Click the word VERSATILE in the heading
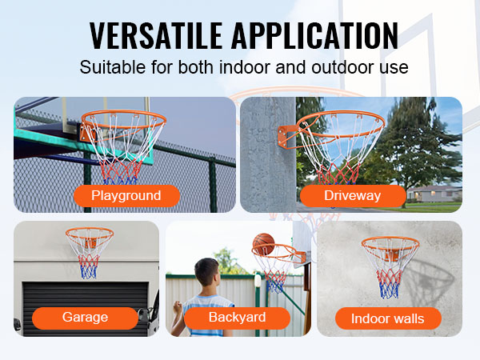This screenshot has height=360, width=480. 155,36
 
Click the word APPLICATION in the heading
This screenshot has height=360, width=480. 314,36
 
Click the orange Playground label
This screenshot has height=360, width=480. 126,196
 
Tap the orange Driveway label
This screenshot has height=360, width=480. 353,196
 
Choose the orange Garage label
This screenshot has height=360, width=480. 85,318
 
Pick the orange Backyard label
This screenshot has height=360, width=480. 237,318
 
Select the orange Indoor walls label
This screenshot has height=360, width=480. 388,318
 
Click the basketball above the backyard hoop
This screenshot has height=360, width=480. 263,244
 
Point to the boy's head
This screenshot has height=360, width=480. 206,272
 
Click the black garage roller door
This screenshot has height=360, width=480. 86,309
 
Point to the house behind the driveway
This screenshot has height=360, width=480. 434,194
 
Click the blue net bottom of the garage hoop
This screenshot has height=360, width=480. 89,272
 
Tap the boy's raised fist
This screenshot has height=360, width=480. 178,306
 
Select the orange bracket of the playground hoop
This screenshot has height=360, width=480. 88,133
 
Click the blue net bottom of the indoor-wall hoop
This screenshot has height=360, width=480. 390,290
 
